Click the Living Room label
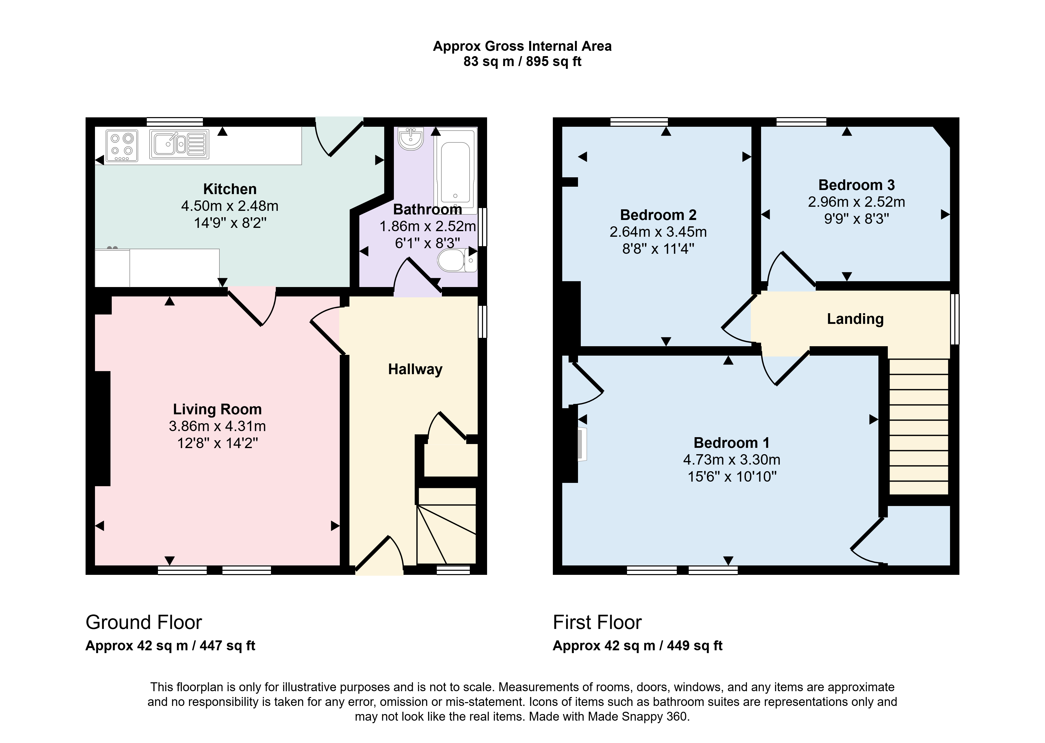tap(217, 409)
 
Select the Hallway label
tap(415, 369)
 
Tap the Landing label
tap(855, 319)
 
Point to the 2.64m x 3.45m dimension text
tap(658, 232)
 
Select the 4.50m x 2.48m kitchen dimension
tap(230, 206)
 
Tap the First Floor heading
tap(597, 622)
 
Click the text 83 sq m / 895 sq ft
tap(522, 61)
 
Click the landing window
tap(955, 319)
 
